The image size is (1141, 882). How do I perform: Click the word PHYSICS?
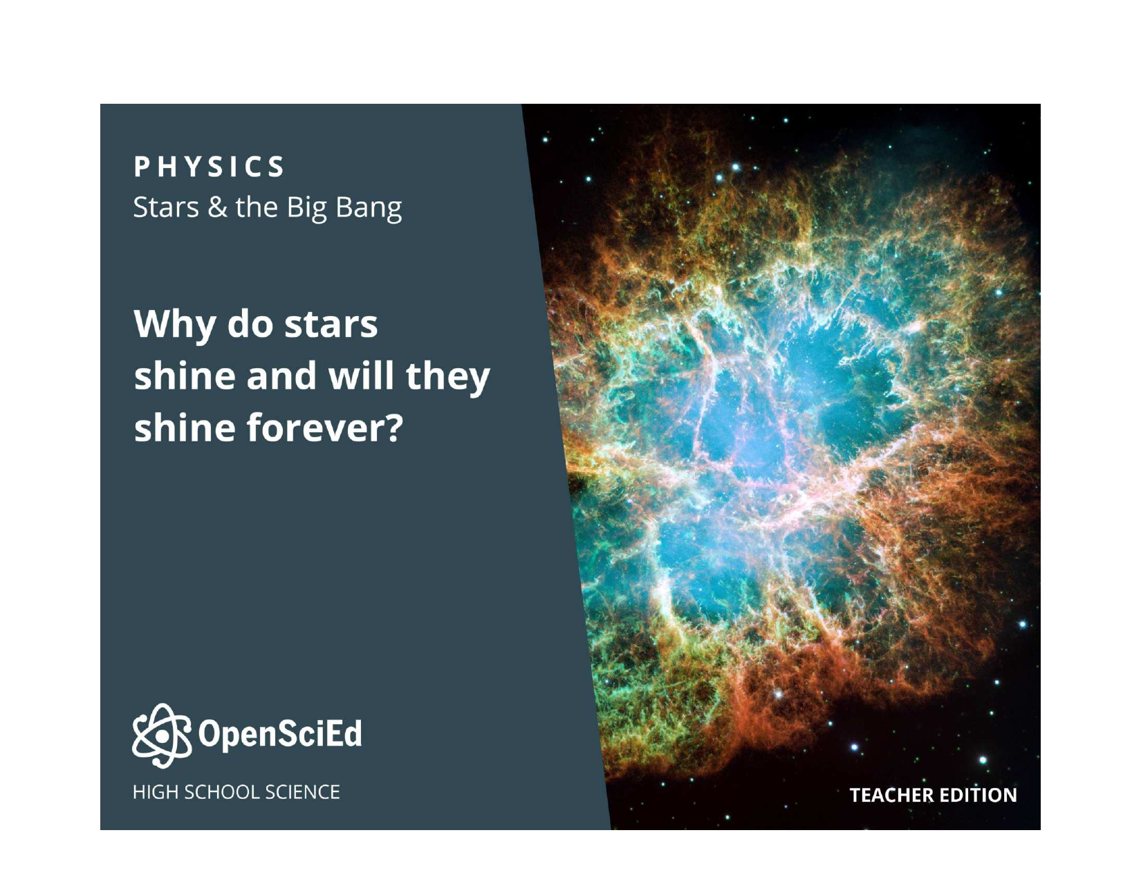(x=209, y=167)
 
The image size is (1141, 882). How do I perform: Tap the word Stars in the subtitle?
(x=166, y=207)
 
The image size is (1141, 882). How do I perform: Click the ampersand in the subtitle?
(x=217, y=207)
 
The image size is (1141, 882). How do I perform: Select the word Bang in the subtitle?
(x=369, y=209)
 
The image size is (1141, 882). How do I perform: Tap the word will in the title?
(x=361, y=376)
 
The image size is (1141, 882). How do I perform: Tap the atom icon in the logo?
(x=161, y=736)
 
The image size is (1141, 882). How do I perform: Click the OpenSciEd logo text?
(x=280, y=734)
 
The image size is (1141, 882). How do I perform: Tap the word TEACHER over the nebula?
(x=892, y=796)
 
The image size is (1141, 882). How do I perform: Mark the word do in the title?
(x=250, y=324)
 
